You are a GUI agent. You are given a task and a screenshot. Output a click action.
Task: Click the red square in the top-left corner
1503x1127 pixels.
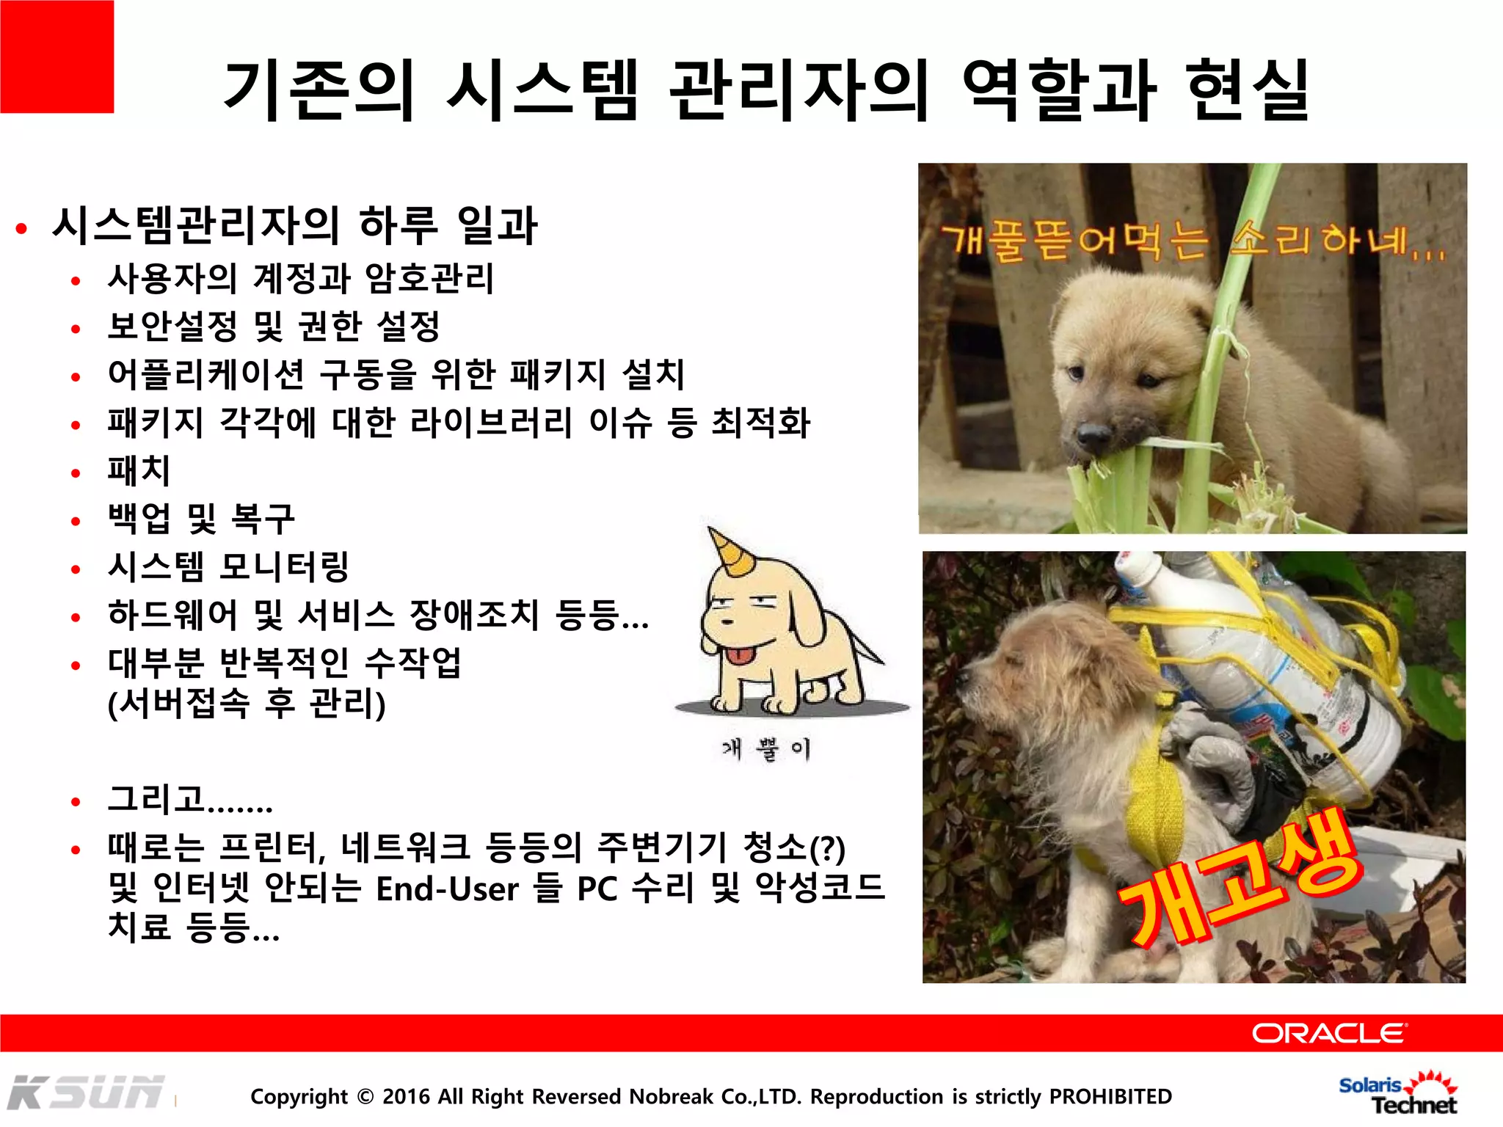57,56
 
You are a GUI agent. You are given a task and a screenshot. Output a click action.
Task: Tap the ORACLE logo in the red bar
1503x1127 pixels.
1329,1033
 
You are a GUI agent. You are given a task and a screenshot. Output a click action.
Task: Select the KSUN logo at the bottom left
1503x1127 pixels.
86,1093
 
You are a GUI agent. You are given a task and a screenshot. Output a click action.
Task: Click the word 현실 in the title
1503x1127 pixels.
1248,90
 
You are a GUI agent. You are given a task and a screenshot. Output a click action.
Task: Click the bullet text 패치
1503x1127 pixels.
139,470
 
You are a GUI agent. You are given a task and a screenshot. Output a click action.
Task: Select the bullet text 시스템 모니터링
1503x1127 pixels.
228,566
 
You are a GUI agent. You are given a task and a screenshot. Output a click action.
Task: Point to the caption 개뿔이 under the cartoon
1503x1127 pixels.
766,749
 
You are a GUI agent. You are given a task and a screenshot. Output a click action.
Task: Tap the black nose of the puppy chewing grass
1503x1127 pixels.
1095,437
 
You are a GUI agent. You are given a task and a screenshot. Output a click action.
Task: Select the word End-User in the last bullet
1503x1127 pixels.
447,889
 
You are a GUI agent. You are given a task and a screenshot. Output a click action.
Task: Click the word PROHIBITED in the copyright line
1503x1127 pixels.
1110,1096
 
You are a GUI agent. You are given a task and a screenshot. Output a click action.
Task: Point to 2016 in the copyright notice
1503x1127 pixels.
407,1096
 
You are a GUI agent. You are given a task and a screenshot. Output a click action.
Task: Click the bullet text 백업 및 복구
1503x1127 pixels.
201,519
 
